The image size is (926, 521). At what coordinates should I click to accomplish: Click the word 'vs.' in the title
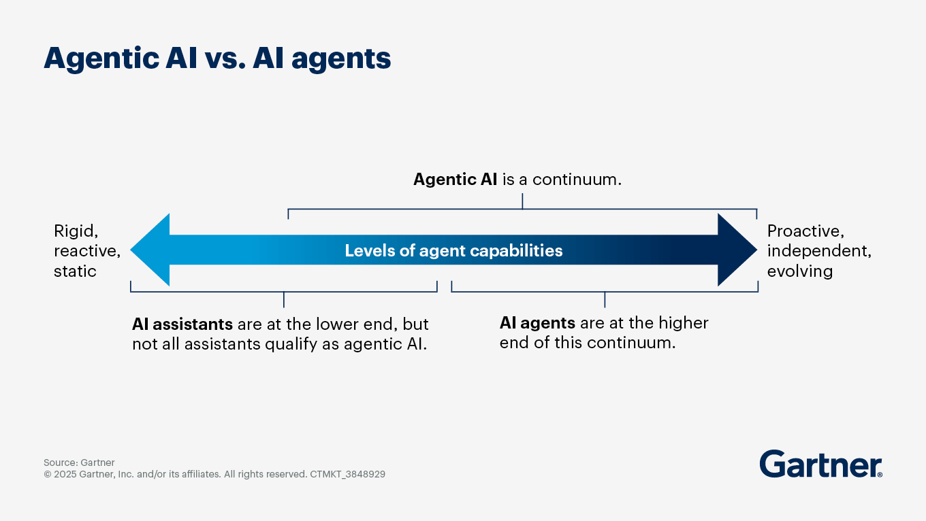225,58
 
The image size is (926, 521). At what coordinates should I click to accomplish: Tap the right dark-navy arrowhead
737,250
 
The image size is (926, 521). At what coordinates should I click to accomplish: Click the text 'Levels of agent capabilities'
453,250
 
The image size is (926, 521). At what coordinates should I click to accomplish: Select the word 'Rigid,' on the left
76,231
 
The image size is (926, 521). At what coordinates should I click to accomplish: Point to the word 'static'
75,271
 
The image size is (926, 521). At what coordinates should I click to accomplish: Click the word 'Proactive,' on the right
805,231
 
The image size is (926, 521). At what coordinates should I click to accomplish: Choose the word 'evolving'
800,271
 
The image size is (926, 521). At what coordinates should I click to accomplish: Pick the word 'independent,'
819,251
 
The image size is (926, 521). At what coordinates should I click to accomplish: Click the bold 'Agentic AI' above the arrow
455,180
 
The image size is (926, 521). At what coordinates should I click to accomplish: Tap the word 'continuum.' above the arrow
577,180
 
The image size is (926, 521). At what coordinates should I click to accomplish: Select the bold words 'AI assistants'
182,324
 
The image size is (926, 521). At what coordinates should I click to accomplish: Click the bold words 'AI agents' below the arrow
537,323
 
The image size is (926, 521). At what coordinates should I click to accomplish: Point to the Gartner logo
820,464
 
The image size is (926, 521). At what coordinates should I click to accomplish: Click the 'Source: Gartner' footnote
79,463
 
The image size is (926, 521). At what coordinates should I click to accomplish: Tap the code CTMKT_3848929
347,474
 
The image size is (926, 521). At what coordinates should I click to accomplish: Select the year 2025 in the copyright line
65,474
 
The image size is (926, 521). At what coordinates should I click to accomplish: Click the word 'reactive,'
87,251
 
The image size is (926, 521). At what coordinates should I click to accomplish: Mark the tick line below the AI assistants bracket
283,300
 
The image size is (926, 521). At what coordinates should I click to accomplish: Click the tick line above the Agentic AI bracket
522,201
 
